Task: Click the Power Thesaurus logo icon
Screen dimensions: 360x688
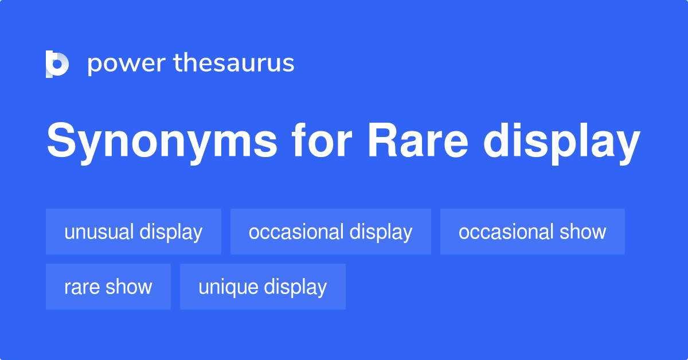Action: click(57, 64)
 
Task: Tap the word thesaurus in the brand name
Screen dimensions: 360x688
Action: click(234, 63)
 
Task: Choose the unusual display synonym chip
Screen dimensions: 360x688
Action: click(134, 232)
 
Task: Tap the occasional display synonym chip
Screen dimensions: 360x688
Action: click(330, 232)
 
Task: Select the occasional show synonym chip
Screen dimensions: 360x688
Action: click(532, 232)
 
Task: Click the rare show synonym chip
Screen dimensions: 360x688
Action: click(108, 287)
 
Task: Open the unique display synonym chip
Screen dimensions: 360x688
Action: click(263, 287)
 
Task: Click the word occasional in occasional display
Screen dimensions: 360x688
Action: click(296, 232)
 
